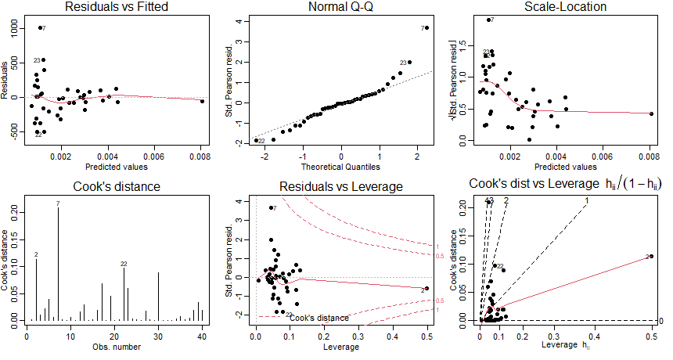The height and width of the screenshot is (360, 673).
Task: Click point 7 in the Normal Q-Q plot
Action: [427, 28]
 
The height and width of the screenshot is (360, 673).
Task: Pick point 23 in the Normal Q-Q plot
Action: [409, 62]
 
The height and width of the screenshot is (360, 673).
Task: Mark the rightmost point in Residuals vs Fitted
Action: [202, 101]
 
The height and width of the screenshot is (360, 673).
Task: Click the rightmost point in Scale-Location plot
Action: [651, 113]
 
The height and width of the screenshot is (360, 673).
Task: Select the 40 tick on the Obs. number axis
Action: [202, 336]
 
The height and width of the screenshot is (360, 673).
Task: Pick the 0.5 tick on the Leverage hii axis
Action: [651, 336]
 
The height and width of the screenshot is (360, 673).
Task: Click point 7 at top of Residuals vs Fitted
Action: [40, 28]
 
